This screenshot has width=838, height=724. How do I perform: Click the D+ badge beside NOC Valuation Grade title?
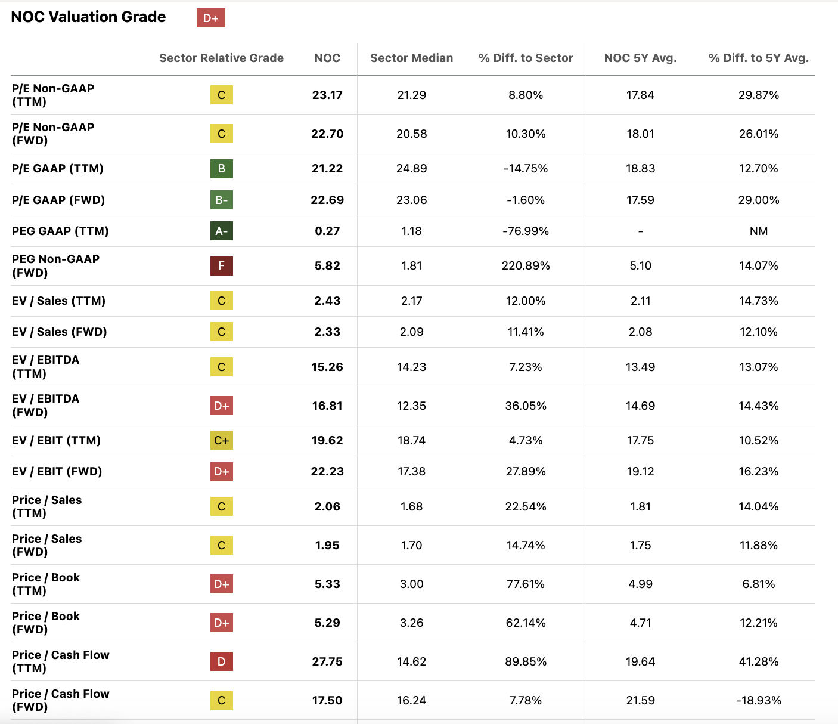(211, 18)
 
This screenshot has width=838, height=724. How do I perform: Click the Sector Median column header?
(411, 58)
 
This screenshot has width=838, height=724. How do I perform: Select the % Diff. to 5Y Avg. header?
(758, 58)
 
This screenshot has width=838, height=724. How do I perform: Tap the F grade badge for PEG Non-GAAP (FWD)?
(221, 265)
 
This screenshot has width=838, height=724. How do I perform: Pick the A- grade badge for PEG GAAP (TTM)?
(221, 231)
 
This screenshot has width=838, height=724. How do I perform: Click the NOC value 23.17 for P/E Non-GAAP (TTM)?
(327, 95)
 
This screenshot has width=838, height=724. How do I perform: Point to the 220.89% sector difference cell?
(526, 265)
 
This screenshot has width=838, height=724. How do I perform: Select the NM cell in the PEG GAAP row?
(758, 231)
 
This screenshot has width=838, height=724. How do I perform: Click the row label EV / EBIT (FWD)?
(57, 471)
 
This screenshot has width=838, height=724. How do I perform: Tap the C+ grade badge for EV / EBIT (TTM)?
(221, 440)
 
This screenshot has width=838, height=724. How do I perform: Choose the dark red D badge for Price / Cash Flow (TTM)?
(221, 661)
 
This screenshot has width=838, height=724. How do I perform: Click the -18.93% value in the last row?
(758, 700)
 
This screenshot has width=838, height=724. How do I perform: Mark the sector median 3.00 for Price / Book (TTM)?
(411, 584)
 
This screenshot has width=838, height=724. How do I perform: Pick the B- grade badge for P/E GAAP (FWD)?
(221, 200)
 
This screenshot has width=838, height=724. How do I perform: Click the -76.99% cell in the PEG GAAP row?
(526, 231)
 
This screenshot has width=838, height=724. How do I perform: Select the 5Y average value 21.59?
(640, 700)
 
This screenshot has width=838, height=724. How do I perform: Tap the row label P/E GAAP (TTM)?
(57, 168)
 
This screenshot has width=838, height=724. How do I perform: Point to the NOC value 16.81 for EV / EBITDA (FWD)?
(327, 406)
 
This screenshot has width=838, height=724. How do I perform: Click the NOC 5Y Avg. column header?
(640, 58)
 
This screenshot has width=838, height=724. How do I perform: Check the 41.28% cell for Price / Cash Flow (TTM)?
(758, 661)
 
